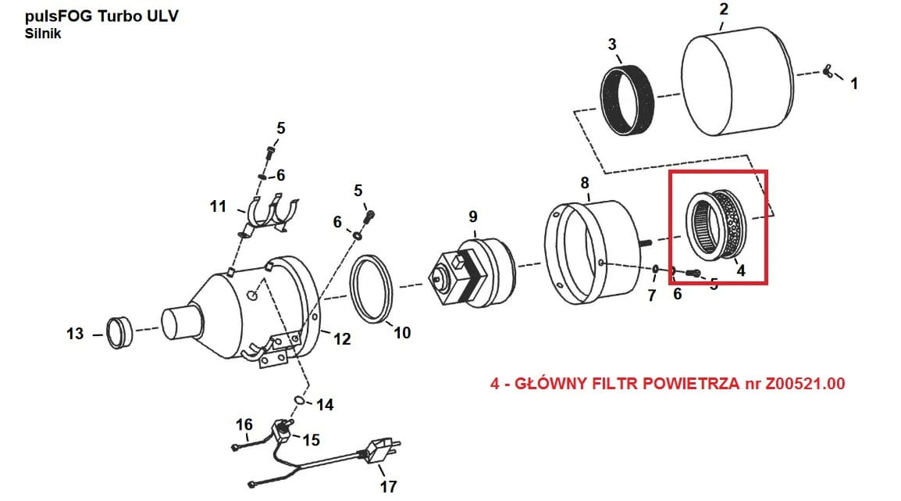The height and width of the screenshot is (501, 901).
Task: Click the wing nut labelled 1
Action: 828,71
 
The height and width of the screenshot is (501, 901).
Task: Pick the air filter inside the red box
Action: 717,225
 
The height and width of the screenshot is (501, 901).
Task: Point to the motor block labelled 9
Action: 472,273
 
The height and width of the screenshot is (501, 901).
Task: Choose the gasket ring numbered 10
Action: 372,288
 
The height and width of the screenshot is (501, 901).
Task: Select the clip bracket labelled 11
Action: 269,215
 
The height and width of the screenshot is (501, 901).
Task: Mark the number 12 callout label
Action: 342,338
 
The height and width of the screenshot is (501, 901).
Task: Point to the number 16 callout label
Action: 244,424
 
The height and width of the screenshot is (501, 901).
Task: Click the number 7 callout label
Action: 652,295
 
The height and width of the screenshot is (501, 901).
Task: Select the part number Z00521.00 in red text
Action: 804,384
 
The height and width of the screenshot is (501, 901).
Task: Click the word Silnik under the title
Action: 42,34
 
